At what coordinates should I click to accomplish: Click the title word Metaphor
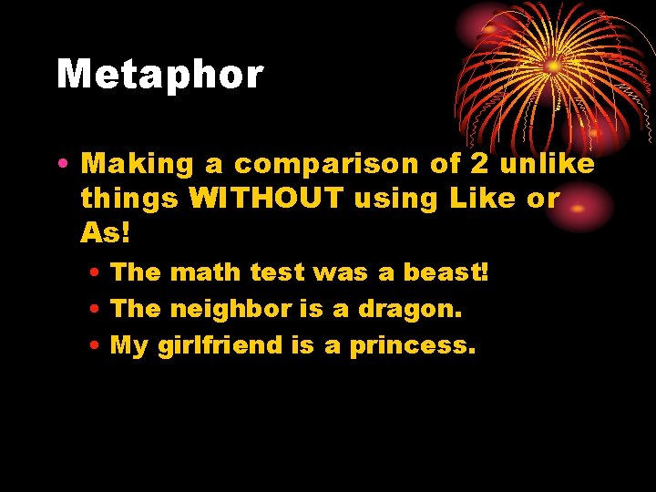160,75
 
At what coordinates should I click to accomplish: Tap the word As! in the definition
106,233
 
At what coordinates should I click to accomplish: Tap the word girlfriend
227,346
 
